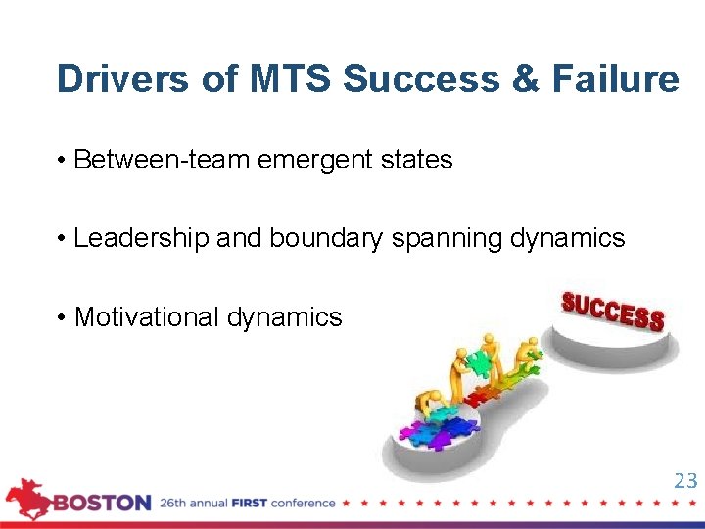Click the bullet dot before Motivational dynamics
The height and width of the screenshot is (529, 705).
[x=62, y=317]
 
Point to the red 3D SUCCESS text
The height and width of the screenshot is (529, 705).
[x=613, y=311]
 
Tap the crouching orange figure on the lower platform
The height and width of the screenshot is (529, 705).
[x=427, y=404]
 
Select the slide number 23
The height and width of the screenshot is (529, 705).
[x=685, y=480]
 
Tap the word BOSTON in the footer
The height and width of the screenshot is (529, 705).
[x=102, y=504]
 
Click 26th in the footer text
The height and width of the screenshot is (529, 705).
[x=176, y=504]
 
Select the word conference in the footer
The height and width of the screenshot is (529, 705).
[x=305, y=504]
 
